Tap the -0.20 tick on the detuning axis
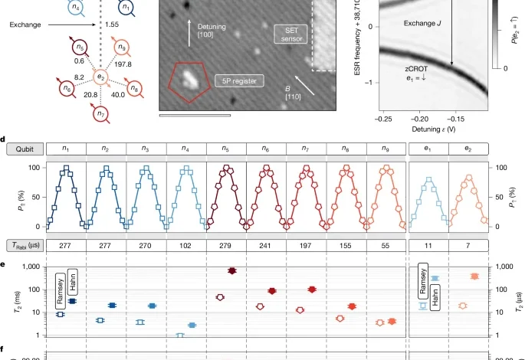(x=420, y=119)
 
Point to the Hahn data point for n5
(x=232, y=271)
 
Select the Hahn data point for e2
(x=474, y=276)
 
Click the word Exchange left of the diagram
(x=26, y=25)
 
